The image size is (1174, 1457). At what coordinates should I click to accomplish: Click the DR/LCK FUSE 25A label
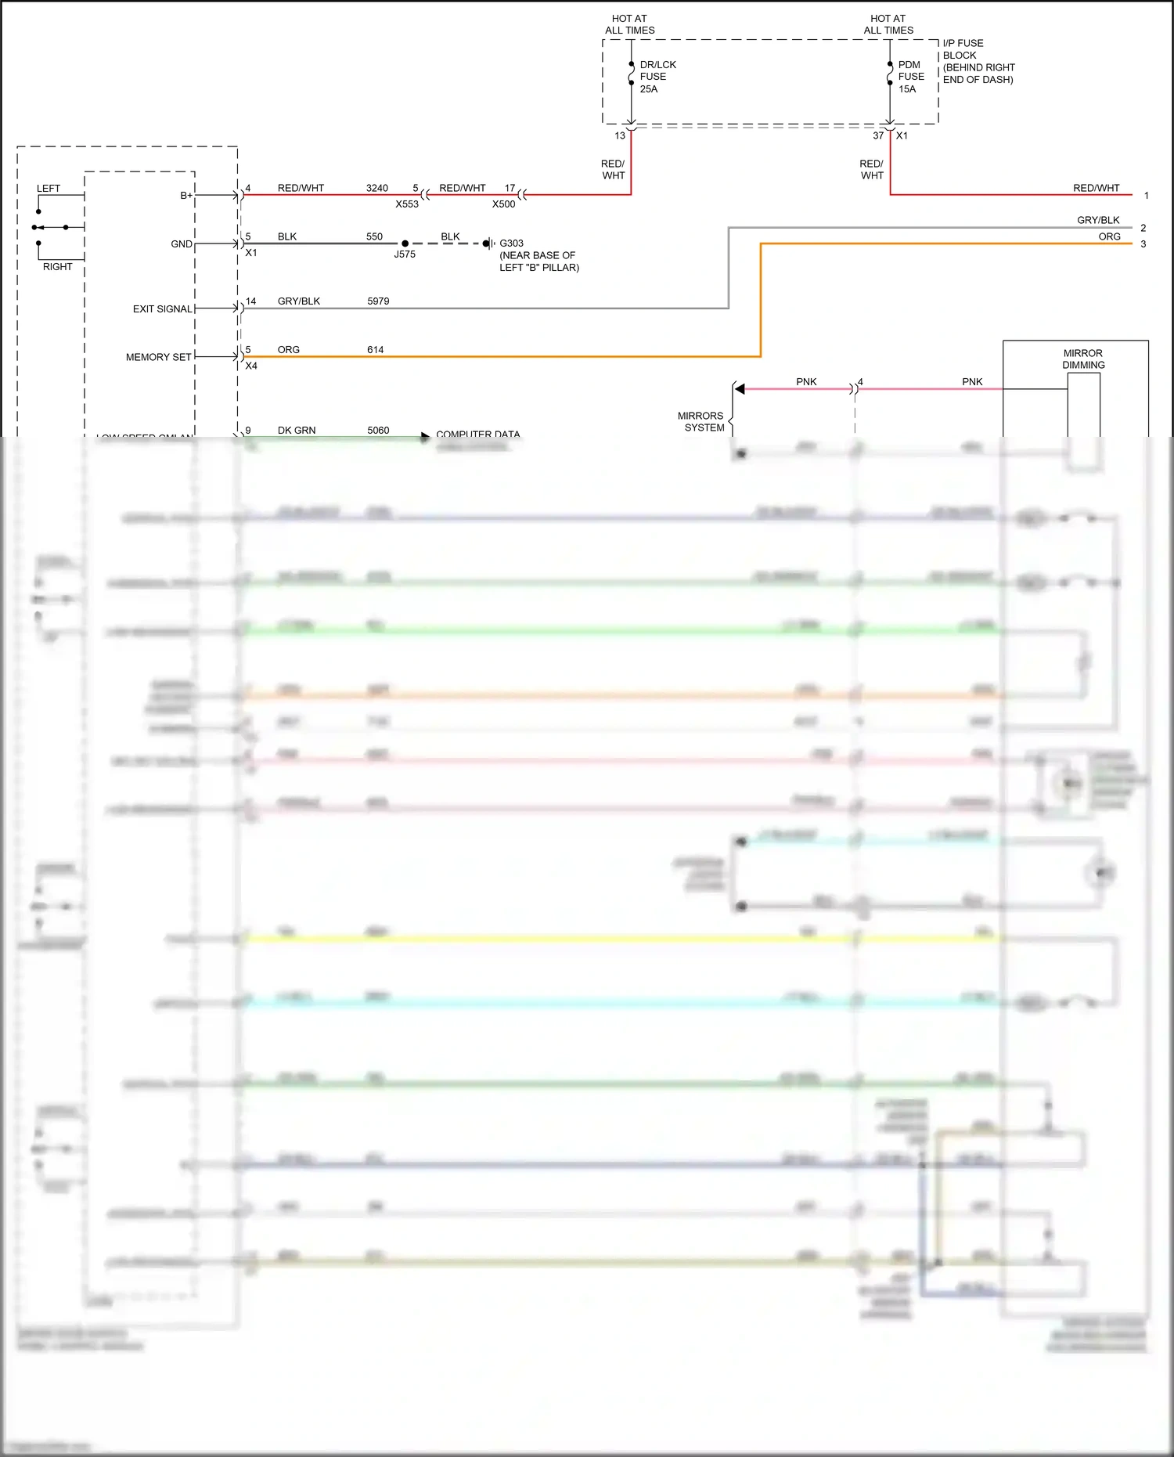tap(657, 77)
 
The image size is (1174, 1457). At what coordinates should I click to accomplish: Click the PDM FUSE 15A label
tap(910, 77)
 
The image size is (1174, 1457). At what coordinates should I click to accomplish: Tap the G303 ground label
tap(511, 243)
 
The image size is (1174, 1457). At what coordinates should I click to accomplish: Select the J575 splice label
tap(405, 254)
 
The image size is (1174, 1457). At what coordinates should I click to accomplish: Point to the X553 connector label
tap(407, 204)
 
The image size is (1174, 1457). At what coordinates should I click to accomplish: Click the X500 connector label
tap(503, 204)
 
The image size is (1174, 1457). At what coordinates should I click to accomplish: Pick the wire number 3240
tap(377, 189)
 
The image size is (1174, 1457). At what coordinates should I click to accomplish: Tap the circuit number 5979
tap(378, 301)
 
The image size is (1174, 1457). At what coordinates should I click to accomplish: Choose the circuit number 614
tap(376, 350)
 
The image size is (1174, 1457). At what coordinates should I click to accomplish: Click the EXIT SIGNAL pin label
tap(163, 309)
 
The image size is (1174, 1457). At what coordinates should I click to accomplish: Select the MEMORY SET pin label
tap(159, 357)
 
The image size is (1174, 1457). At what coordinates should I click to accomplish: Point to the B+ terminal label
tap(186, 196)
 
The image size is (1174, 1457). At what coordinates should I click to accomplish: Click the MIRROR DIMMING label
tap(1083, 359)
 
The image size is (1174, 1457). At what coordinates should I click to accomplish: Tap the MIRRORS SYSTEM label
tap(701, 422)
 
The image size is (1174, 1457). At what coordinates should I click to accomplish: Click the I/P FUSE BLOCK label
tap(978, 61)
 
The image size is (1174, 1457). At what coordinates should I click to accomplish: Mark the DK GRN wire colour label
tap(297, 431)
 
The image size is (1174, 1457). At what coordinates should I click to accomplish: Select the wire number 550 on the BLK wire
tap(375, 236)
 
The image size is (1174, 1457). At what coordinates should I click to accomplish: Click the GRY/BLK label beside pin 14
tap(299, 301)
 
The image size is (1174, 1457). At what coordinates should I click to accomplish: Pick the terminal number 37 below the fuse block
tap(878, 136)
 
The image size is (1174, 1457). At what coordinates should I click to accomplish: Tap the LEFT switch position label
tap(49, 189)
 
